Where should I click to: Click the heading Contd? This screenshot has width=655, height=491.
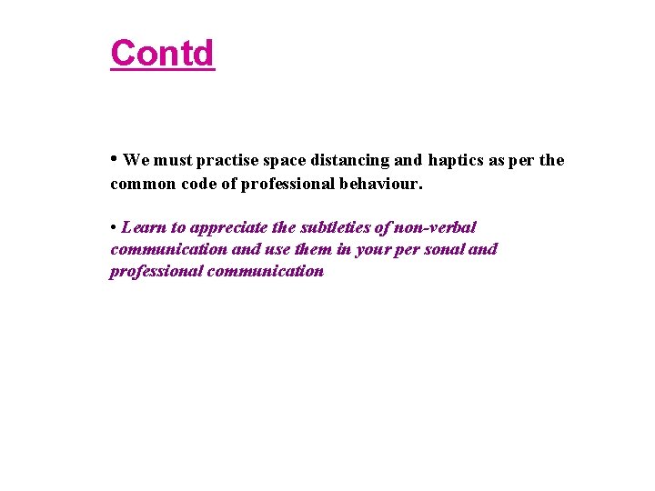click(x=162, y=53)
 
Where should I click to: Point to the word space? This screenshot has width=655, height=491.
click(x=285, y=161)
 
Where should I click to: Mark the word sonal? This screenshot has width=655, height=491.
click(x=440, y=249)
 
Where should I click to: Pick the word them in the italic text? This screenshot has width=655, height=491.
click(x=311, y=249)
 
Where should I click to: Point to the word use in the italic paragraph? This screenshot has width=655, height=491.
click(x=277, y=249)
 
